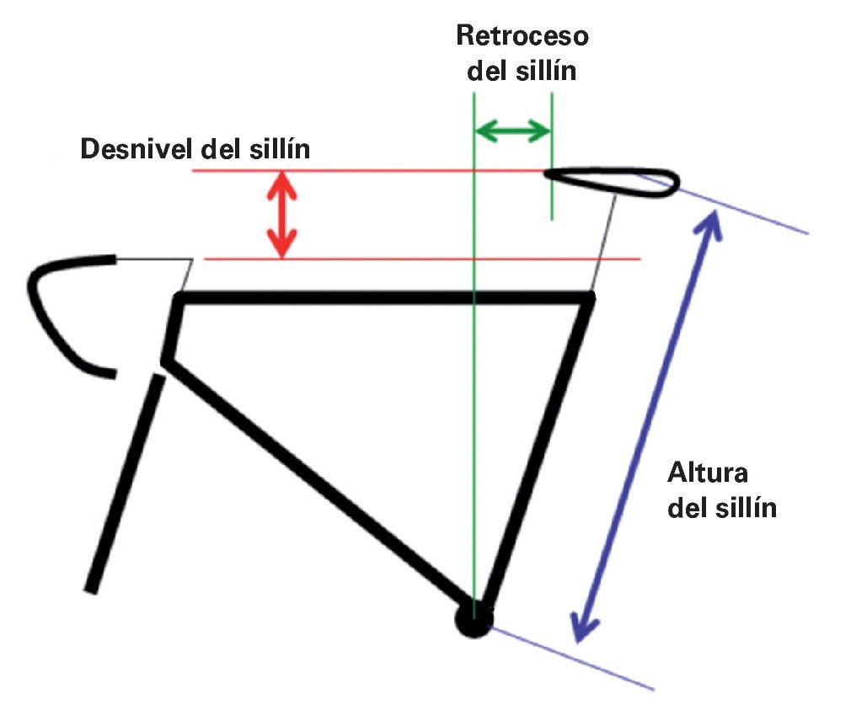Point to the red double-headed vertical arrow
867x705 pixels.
tap(282, 215)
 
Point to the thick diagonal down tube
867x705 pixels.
tap(320, 476)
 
